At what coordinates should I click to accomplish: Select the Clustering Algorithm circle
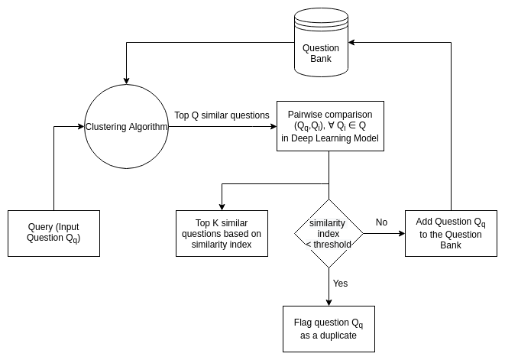pos(126,126)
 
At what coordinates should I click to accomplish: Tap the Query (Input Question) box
pos(53,233)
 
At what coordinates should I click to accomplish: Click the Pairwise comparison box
pos(329,126)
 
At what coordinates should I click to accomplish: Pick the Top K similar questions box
pos(222,233)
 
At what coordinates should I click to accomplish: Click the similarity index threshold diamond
pos(329,233)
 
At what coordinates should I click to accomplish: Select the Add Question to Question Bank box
pos(451,233)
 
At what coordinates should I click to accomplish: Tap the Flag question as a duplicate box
pos(329,329)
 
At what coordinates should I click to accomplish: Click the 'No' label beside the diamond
pos(381,222)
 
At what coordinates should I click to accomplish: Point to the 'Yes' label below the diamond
pos(340,284)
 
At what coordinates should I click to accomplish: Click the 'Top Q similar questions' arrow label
pos(222,115)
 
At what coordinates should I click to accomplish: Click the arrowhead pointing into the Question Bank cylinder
pos(352,44)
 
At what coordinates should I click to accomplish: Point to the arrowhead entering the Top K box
pos(222,206)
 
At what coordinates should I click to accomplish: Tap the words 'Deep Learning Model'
pos(329,138)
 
